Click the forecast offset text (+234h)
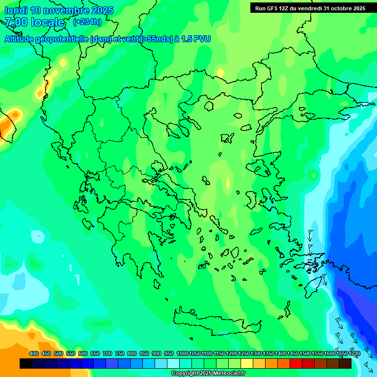[x=87, y=22]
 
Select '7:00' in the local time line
[x=16, y=22]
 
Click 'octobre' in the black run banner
[x=339, y=8]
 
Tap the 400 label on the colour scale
[x=34, y=353]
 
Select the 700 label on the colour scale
[x=108, y=353]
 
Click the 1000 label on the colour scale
[x=182, y=353]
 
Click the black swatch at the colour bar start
[x=26, y=364]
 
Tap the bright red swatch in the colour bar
[x=296, y=364]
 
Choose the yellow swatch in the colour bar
[x=247, y=364]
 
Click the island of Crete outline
[x=216, y=318]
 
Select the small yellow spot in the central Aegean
[x=227, y=183]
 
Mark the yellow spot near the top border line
[x=220, y=73]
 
